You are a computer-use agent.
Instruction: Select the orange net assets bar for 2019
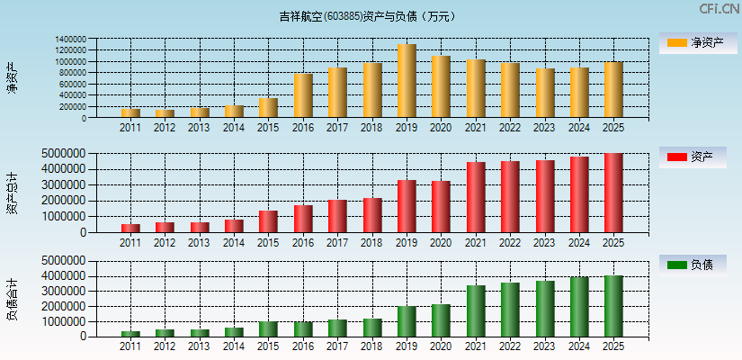407,81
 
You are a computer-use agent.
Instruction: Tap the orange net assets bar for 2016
303,95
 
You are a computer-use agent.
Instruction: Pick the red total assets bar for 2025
613,193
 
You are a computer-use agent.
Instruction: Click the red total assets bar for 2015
269,221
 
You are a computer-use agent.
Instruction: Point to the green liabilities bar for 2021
476,310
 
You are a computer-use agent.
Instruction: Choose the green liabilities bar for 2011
131,333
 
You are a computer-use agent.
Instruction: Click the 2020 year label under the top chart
441,128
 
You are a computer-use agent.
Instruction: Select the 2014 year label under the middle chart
234,242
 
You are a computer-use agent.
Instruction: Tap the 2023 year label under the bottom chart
544,346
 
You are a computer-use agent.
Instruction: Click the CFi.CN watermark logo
719,9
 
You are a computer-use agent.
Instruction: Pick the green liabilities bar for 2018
372,327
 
